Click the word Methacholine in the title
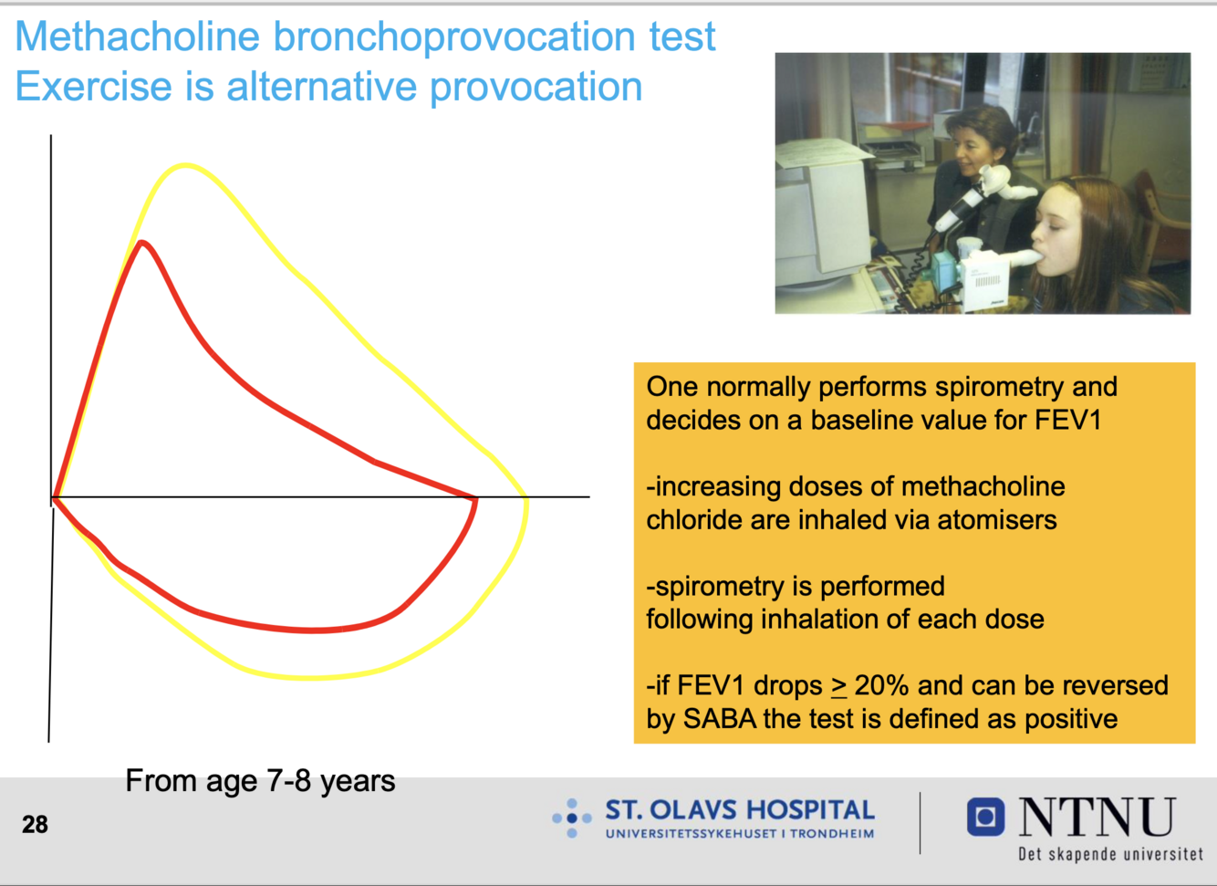pyautogui.click(x=138, y=36)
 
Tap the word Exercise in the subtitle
pyautogui.click(x=93, y=87)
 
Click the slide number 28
pyautogui.click(x=35, y=825)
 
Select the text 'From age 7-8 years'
pyautogui.click(x=260, y=782)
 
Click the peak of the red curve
pyautogui.click(x=142, y=243)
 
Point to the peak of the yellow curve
pyautogui.click(x=186, y=165)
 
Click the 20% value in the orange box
pyautogui.click(x=881, y=685)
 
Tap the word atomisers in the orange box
pyautogui.click(x=997, y=519)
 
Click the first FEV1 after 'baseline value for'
pyautogui.click(x=1067, y=420)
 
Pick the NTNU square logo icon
pyautogui.click(x=985, y=817)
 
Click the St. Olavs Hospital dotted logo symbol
pyautogui.click(x=572, y=818)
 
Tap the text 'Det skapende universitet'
pyautogui.click(x=1110, y=854)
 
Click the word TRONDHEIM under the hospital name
pyautogui.click(x=832, y=834)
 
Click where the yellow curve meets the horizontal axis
pyautogui.click(x=525, y=496)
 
